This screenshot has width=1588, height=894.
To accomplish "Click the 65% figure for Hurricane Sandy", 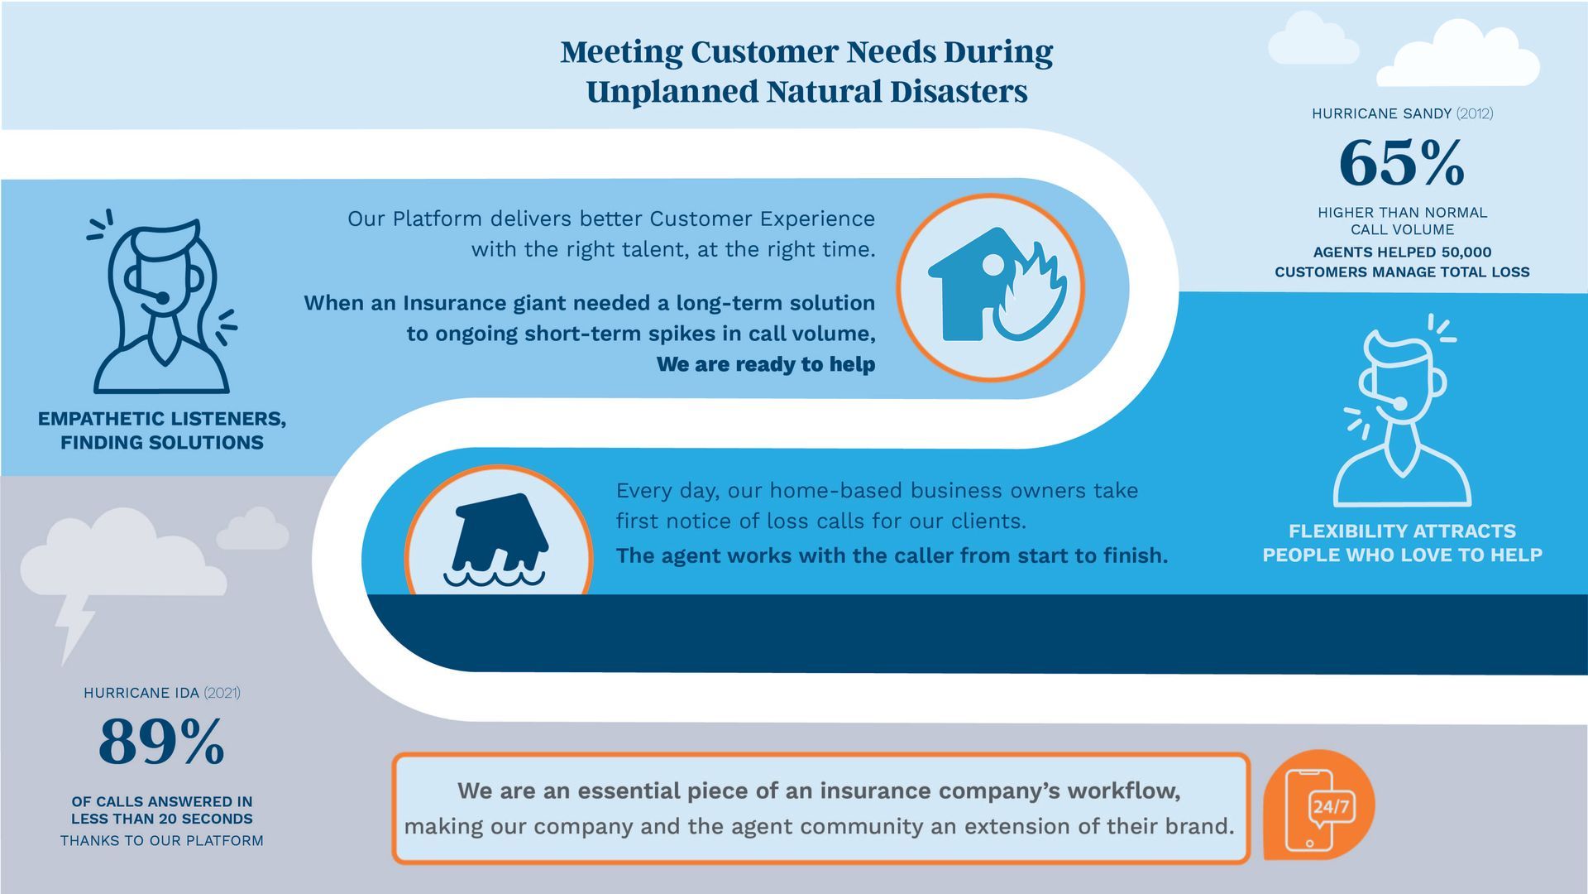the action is click(x=1402, y=162).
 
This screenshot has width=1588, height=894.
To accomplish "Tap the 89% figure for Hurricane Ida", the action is click(x=161, y=742).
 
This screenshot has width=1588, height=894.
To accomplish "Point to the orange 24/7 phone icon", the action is click(x=1318, y=805).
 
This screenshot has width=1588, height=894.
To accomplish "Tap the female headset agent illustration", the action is click(x=162, y=301).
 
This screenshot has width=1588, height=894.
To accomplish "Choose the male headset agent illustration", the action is click(x=1403, y=411).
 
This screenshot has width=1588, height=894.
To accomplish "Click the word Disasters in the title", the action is click(x=959, y=91).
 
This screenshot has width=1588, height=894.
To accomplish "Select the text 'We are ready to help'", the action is click(x=766, y=364).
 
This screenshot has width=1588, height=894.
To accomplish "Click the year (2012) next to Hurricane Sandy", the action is click(x=1475, y=113).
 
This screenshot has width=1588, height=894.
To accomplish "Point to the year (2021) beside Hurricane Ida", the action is click(x=222, y=693).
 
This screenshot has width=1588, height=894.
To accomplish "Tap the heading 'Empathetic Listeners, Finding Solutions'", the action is click(x=162, y=430).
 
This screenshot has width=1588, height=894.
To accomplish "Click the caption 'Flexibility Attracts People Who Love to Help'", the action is click(x=1403, y=543).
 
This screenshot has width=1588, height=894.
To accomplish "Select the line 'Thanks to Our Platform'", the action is click(x=162, y=841).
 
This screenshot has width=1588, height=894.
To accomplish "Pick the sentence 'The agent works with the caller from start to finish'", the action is click(x=892, y=555).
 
